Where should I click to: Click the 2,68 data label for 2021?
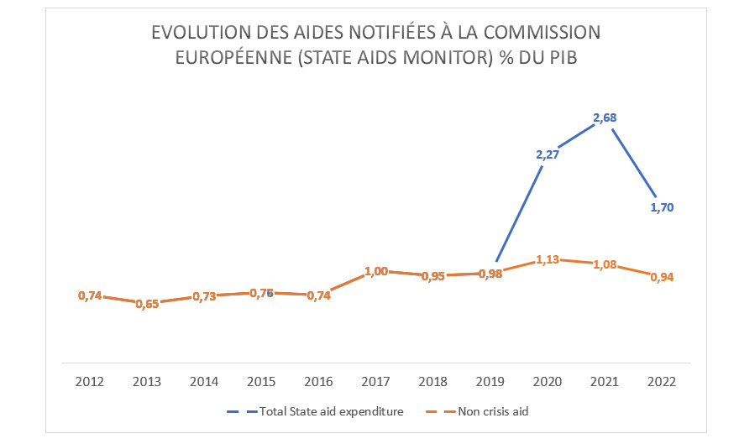click(x=605, y=118)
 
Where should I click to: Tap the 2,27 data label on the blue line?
click(x=548, y=154)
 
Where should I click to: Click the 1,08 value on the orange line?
click(x=605, y=264)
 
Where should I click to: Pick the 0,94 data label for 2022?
click(x=662, y=277)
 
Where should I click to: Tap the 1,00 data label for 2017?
click(x=376, y=271)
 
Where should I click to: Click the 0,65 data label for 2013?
click(x=147, y=304)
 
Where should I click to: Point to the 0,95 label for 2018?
click(x=433, y=276)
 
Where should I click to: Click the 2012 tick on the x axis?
click(x=90, y=381)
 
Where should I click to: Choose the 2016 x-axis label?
click(x=318, y=381)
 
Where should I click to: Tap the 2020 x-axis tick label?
click(x=548, y=381)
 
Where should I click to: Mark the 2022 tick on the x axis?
click(x=662, y=381)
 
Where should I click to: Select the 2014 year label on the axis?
click(x=204, y=381)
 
